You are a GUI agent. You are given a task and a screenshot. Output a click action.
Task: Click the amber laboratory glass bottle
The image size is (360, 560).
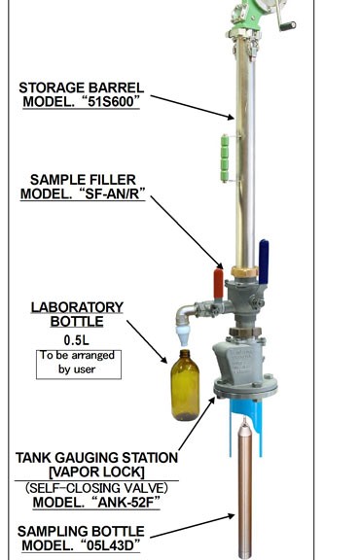(x=185, y=385)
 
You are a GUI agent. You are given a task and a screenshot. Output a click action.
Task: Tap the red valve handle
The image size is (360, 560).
(x=218, y=284)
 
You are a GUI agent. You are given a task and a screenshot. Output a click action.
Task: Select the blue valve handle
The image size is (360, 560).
(x=264, y=262)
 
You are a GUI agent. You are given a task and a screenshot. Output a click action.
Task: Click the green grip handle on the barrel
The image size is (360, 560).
(x=225, y=158)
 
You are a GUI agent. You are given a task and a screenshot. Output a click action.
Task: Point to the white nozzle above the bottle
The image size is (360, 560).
(x=183, y=334)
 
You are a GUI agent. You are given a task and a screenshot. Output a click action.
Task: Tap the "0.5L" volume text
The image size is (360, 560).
(x=77, y=340)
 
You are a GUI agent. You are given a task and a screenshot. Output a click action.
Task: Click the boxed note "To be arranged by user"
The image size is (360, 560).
(x=79, y=365)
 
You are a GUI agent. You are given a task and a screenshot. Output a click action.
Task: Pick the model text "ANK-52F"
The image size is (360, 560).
(x=128, y=502)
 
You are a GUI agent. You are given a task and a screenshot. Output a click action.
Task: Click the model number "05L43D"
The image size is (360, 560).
(x=111, y=545)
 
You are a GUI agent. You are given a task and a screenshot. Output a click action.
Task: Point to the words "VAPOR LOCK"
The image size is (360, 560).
(x=97, y=472)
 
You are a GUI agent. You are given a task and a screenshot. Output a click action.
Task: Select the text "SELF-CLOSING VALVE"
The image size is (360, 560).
(x=96, y=488)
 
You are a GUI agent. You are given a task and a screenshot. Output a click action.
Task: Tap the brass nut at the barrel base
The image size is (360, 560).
(x=244, y=272)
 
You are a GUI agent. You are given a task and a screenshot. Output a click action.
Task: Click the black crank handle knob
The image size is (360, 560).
(x=288, y=26)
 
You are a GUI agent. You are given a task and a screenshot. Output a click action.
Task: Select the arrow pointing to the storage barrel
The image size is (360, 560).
(x=193, y=107)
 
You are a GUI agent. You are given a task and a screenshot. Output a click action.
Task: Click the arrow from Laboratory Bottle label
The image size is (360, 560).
(x=147, y=342)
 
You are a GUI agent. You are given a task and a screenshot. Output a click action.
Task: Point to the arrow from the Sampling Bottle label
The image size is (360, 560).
(x=193, y=526)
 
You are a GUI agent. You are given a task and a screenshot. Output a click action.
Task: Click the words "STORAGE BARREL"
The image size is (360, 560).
(x=81, y=87)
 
